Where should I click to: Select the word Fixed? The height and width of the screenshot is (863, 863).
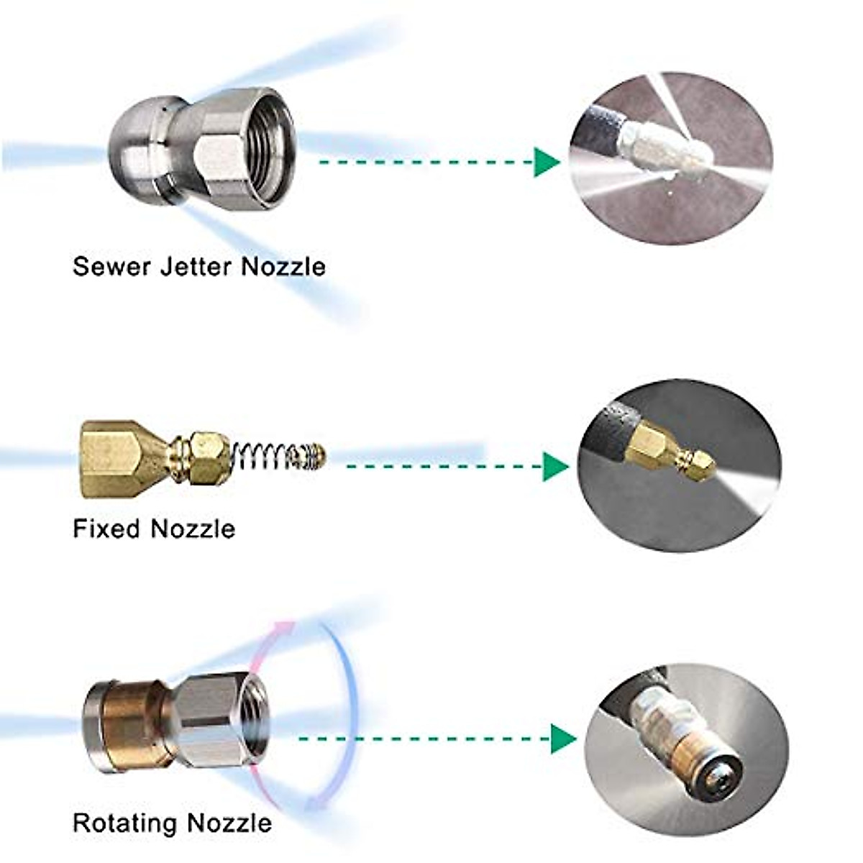(x=106, y=529)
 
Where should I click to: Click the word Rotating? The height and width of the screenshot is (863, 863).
(x=124, y=823)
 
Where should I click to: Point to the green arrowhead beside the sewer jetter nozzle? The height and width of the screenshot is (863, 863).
(x=547, y=162)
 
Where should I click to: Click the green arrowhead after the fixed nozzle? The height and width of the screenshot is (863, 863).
(x=555, y=467)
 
